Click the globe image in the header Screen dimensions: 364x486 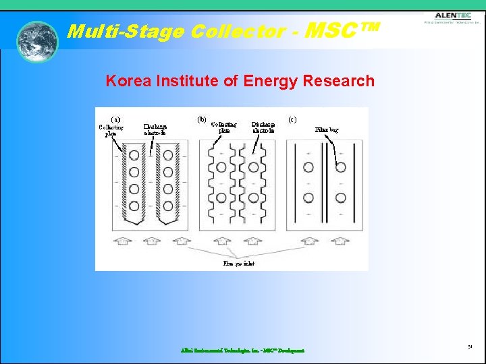tap(38, 42)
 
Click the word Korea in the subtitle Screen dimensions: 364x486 tap(128, 82)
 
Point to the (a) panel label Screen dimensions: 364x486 tap(115, 119)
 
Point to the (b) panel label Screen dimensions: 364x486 tap(202, 119)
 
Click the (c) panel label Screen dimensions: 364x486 tap(292, 119)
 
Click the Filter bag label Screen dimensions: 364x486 tap(327, 129)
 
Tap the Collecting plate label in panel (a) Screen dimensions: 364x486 tap(111, 130)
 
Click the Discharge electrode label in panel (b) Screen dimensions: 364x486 tap(263, 127)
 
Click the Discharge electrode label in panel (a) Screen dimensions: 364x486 tap(155, 129)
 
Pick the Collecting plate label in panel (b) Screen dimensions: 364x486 tap(223, 127)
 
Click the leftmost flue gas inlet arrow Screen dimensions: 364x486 tap(122, 240)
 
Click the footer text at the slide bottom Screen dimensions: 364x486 tap(242, 351)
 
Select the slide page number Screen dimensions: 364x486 tap(469, 347)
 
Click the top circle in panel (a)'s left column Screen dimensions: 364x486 tap(134, 155)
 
